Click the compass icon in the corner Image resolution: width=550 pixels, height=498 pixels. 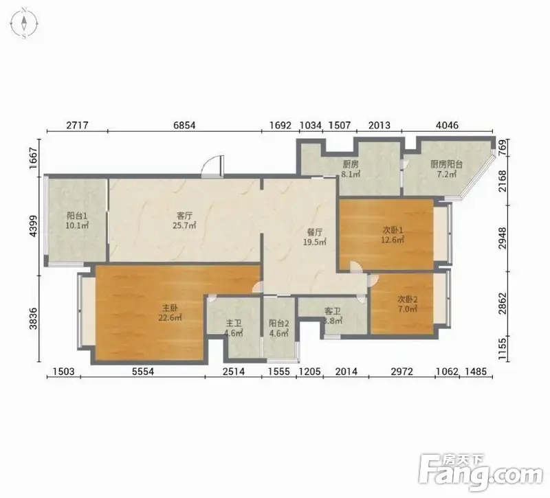[x=24, y=24]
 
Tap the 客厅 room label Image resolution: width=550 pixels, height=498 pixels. [x=184, y=215]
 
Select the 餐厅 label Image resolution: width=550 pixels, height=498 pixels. [x=315, y=232]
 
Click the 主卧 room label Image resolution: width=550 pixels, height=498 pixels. [x=170, y=308]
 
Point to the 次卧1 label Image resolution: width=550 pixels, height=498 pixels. [x=393, y=230]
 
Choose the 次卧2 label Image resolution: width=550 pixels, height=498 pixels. [x=407, y=299]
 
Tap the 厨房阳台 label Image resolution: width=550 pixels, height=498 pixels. [x=446, y=164]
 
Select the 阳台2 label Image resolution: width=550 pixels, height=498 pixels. [x=279, y=324]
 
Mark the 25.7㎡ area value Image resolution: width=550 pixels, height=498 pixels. [x=184, y=225]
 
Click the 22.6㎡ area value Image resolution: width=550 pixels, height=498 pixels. [x=170, y=318]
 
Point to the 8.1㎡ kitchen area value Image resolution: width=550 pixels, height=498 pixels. [x=351, y=174]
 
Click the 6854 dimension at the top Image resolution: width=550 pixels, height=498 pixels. [x=184, y=125]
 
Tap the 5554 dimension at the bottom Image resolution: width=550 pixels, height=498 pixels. [x=143, y=372]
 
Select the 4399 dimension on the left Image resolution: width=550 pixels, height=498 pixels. [x=33, y=226]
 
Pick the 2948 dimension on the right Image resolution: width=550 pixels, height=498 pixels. [x=503, y=238]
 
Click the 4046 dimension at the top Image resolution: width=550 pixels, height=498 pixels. [x=447, y=125]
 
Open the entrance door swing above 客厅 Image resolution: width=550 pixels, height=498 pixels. [x=212, y=165]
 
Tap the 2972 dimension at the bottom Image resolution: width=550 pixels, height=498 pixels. [x=402, y=372]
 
